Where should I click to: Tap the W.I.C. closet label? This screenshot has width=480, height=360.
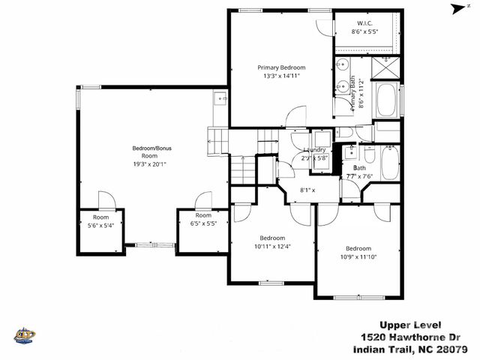coord(365,25)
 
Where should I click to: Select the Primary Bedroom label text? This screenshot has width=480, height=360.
coord(281,67)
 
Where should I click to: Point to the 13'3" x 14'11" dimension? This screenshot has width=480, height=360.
coord(281,76)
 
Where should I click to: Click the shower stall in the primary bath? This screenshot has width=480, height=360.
coord(387,68)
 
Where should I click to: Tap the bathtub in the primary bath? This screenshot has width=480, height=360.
coord(388,100)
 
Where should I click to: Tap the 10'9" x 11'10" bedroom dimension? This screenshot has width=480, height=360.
coord(358,256)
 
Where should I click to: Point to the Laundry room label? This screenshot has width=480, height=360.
coord(313,150)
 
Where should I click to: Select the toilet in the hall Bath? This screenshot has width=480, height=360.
coord(350,154)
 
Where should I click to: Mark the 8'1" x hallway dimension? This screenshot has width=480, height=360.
coord(307,190)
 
